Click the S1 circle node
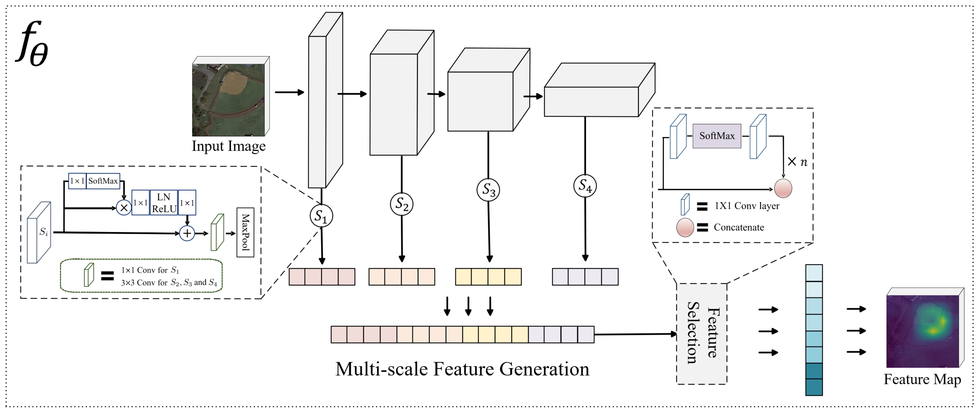pyautogui.click(x=321, y=216)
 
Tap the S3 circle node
pyautogui.click(x=488, y=190)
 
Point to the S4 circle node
pyautogui.click(x=585, y=186)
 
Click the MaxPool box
pyautogui.click(x=245, y=232)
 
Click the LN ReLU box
pyautogui.click(x=164, y=203)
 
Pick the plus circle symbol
pyautogui.click(x=187, y=233)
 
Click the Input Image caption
pyautogui.click(x=229, y=146)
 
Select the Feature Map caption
pyautogui.click(x=922, y=379)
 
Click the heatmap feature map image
pyautogui.click(x=922, y=331)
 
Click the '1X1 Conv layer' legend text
pyautogui.click(x=746, y=206)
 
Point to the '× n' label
pyautogui.click(x=797, y=162)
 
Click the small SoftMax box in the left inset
pyautogui.click(x=103, y=181)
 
